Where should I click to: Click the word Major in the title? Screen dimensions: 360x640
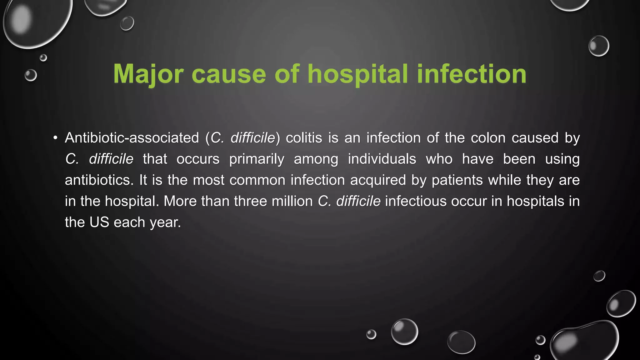pos(148,74)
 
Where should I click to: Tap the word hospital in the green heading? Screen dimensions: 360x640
pos(358,74)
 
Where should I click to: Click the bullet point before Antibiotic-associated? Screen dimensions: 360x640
pos(56,138)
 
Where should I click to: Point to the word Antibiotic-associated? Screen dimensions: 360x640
pos(132,138)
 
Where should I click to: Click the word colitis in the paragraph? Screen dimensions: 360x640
pos(304,138)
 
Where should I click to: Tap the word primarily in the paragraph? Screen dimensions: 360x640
pos(257,159)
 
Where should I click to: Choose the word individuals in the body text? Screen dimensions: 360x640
pos(382,159)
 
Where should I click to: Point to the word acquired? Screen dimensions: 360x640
pos(378,180)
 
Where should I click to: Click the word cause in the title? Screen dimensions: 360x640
pos(229,74)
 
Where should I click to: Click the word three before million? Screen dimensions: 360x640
pos(250,201)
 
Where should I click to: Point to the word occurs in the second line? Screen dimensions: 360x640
pos(198,159)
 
